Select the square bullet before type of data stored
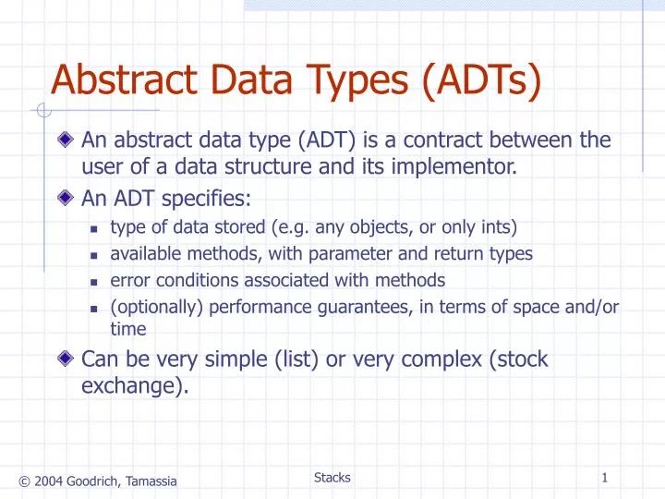[x=94, y=228]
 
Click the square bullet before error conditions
[x=94, y=281]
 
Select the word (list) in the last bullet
[x=297, y=359]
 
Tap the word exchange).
[x=135, y=385]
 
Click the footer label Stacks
[x=332, y=478]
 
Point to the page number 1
[x=604, y=478]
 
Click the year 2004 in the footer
[x=49, y=481]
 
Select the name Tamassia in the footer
[x=150, y=481]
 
